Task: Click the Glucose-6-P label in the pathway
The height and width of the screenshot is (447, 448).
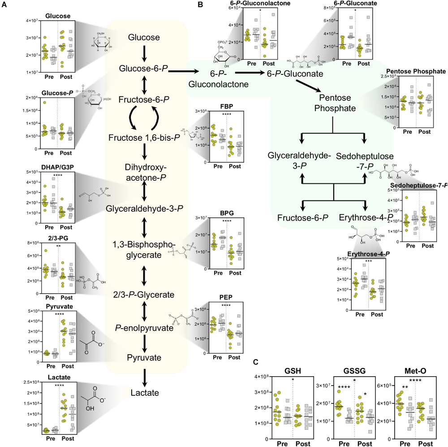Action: click(x=144, y=68)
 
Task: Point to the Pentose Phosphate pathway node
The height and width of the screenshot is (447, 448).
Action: click(x=332, y=103)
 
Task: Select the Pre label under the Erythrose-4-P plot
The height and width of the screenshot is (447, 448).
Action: click(x=359, y=314)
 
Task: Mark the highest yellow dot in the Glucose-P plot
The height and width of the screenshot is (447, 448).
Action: click(x=44, y=102)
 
